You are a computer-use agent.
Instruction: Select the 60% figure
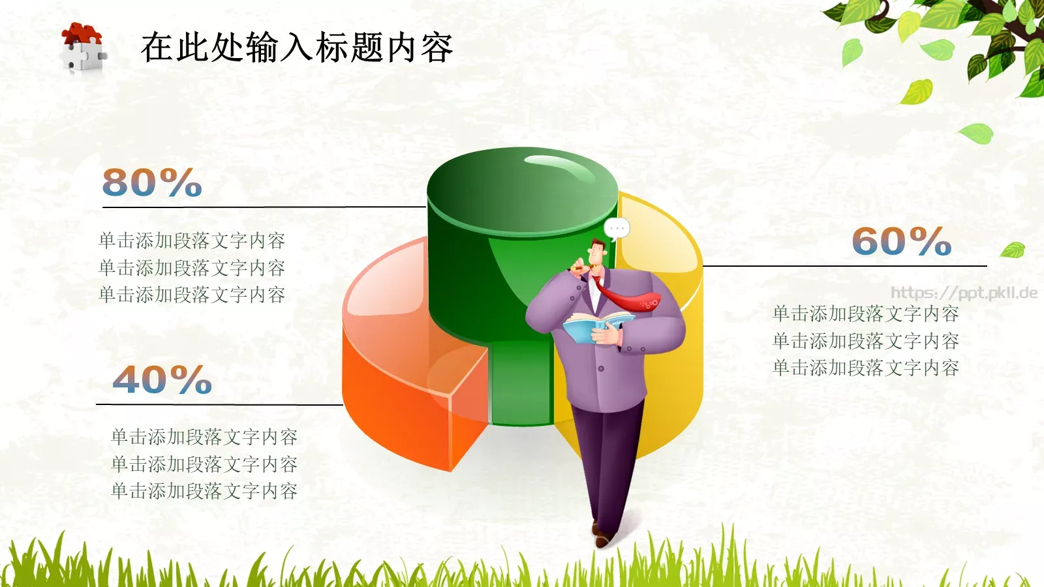point(901,241)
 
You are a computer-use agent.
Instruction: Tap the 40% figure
point(162,380)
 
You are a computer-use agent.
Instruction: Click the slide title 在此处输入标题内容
point(297,48)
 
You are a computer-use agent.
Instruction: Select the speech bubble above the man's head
point(617,228)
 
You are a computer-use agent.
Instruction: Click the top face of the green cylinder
point(522,189)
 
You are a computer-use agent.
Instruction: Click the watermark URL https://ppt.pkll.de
point(964,293)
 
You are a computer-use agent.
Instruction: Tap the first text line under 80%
point(192,241)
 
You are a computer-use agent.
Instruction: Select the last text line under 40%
point(204,491)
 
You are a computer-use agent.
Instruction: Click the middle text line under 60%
point(866,341)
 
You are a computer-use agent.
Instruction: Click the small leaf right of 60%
point(1013,250)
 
